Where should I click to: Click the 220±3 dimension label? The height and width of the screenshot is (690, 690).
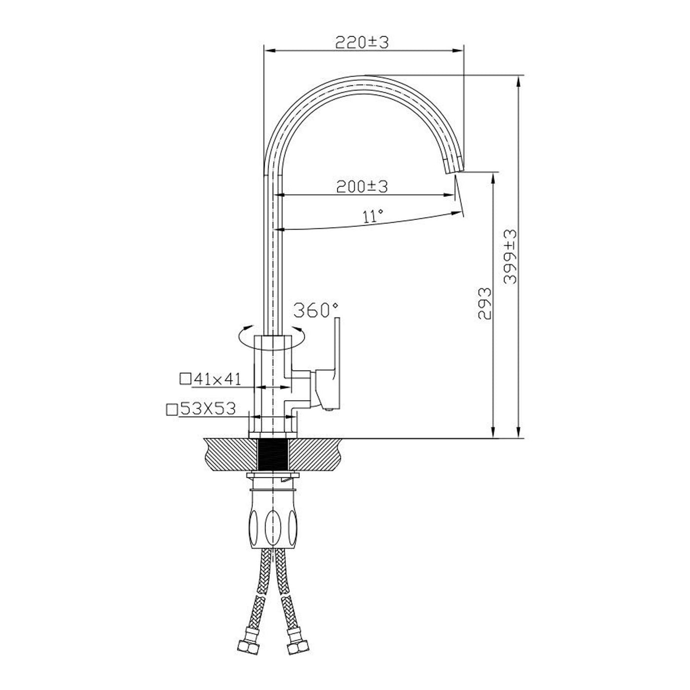[x=362, y=42]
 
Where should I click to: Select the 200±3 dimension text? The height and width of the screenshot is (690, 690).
[x=362, y=187]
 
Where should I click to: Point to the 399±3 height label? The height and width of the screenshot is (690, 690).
[x=510, y=257]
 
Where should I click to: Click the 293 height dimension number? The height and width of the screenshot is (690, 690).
[x=484, y=303]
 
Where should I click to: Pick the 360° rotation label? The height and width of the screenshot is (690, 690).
[x=315, y=310]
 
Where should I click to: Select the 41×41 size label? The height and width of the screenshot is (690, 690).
[x=217, y=379]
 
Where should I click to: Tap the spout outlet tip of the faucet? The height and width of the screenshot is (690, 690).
[x=454, y=171]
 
